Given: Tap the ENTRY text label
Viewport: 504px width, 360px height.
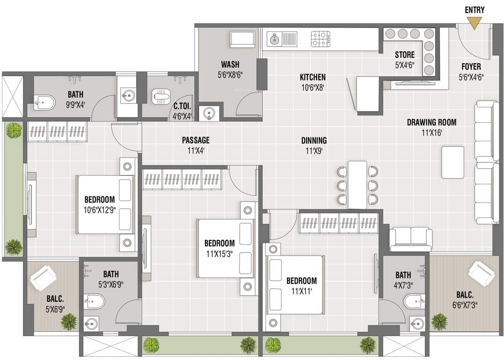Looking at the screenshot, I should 474,10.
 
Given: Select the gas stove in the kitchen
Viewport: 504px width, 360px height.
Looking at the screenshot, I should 321,39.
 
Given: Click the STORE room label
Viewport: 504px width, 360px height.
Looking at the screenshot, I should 404,55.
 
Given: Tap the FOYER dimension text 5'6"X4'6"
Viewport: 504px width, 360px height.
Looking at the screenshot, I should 471,77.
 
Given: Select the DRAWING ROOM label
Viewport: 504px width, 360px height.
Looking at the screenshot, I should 431,123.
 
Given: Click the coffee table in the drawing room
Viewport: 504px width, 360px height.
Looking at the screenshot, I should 452,162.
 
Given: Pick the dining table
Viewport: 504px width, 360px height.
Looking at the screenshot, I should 357,185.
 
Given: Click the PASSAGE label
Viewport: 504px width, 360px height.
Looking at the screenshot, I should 196,140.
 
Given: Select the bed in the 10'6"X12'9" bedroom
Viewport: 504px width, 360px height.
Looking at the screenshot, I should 105,204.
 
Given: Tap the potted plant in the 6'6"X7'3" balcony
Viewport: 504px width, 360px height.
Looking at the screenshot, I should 439,322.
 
